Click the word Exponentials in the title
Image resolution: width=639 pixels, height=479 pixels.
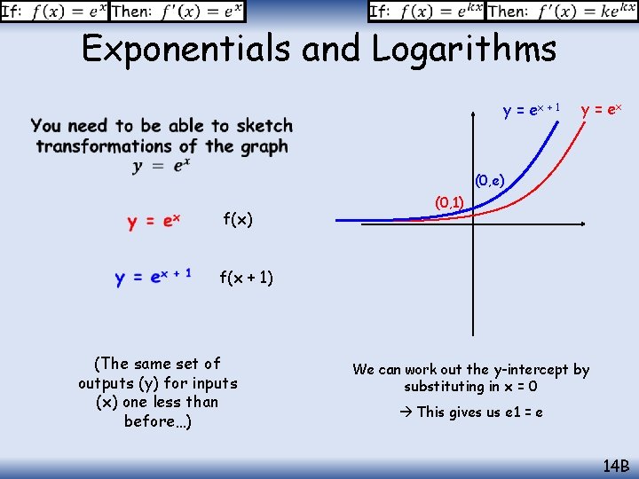coord(185,49)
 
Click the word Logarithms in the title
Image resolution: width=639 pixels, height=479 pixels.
coord(464,49)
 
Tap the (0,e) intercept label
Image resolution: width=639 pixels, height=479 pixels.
coord(489,182)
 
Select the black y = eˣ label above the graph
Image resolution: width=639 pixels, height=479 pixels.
coord(601,110)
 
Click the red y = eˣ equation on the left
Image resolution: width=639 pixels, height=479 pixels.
coord(153,222)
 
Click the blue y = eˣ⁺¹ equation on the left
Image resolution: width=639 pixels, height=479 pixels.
coord(153,278)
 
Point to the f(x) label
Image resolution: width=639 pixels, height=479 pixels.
coord(238,219)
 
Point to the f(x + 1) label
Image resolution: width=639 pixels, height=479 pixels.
coord(247,279)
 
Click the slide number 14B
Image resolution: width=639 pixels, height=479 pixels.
coord(615,464)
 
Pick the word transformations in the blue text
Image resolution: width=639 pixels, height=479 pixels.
coord(105,146)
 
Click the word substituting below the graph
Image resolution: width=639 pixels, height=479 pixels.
coord(446,387)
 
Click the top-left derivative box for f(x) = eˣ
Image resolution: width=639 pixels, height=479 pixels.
coord(123,12)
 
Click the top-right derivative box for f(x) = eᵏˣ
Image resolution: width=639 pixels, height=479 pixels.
coord(502,12)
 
